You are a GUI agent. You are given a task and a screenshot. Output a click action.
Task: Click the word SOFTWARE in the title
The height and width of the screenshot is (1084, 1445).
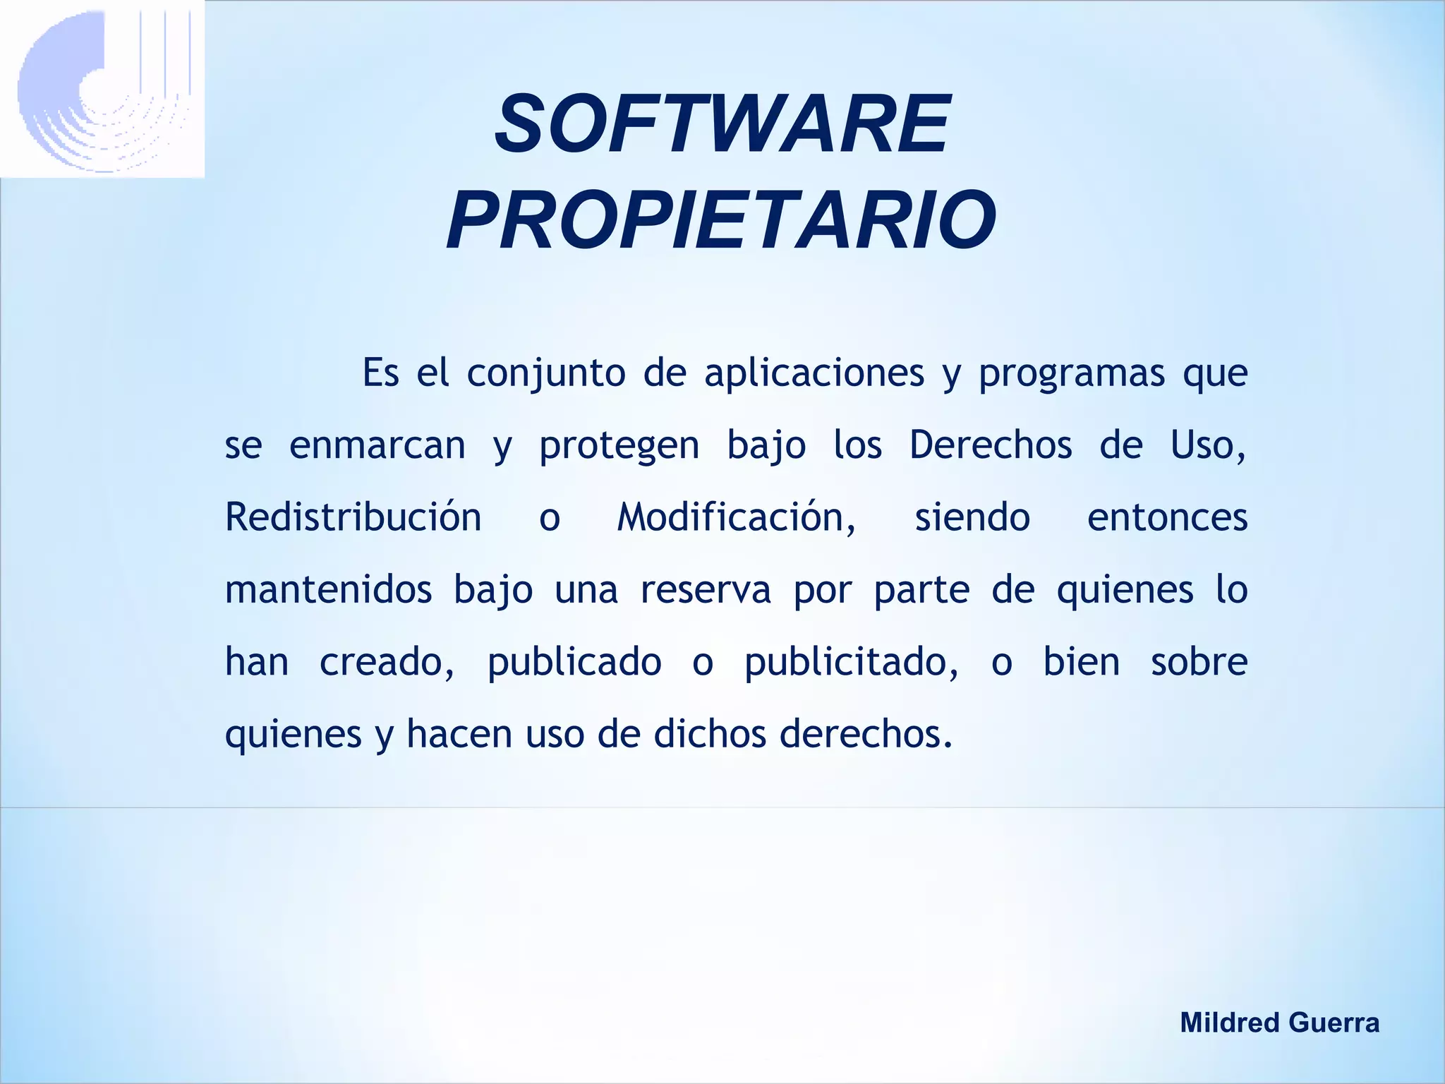722,125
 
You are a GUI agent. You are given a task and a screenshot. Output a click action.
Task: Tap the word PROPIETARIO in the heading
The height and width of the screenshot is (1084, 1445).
721,220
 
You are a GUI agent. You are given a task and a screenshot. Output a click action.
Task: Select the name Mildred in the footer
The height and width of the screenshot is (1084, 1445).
1229,1023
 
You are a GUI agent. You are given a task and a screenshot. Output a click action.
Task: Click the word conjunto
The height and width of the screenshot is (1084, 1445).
545,373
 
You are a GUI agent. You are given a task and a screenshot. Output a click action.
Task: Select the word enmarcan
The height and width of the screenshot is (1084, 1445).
377,445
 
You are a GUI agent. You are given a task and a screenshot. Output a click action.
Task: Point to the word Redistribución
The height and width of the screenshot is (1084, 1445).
353,517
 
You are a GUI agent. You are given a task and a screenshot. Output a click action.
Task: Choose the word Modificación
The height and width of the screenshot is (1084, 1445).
737,517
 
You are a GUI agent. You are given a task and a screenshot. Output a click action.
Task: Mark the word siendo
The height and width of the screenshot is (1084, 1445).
972,517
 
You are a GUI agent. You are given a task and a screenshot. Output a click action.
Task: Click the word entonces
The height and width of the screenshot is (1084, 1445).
1167,518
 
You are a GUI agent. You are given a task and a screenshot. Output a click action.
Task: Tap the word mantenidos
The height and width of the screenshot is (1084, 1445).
328,589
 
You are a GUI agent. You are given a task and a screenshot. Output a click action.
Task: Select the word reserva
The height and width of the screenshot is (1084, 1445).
706,590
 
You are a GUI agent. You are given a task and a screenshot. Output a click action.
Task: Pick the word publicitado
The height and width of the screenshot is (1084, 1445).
852,663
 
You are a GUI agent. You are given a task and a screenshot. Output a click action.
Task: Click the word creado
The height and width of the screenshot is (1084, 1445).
387,662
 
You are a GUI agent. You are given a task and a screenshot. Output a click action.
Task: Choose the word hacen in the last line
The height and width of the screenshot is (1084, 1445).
459,734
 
